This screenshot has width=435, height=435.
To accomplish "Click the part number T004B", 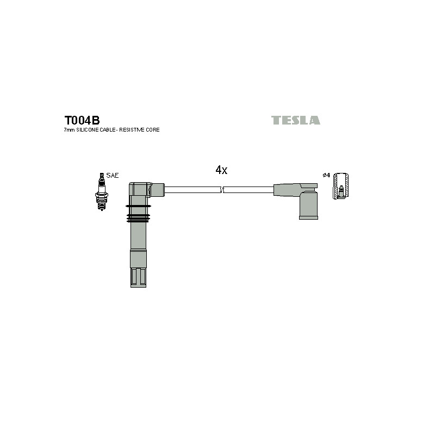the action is pos(82,120).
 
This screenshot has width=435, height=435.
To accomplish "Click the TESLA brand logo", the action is pos(295,120).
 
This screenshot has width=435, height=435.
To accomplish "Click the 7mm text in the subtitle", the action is pos(70,130).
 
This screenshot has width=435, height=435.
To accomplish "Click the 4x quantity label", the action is pos(221,170).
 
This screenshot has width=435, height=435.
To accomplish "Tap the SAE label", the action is pos(113,175).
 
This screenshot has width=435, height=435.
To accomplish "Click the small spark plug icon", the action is pos(102,191).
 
